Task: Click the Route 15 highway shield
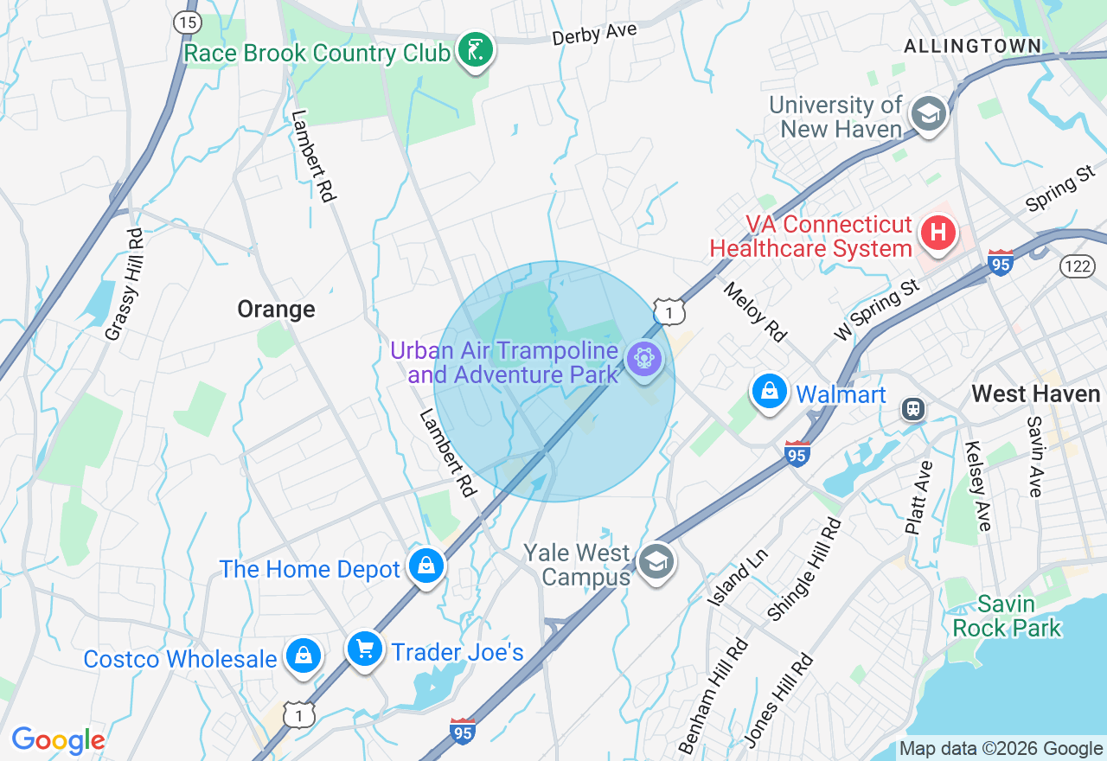click(187, 22)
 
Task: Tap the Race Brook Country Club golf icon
click(475, 51)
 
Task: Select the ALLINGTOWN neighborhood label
click(972, 46)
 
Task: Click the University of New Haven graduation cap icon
click(929, 114)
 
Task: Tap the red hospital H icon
click(937, 233)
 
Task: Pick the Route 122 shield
click(1078, 266)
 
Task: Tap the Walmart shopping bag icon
click(769, 392)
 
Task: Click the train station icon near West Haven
click(912, 409)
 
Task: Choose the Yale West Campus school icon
click(656, 562)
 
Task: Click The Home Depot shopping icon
click(426, 566)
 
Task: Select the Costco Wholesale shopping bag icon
click(304, 655)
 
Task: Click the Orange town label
click(276, 310)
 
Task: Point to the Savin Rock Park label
click(1007, 616)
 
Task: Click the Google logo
click(58, 740)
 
